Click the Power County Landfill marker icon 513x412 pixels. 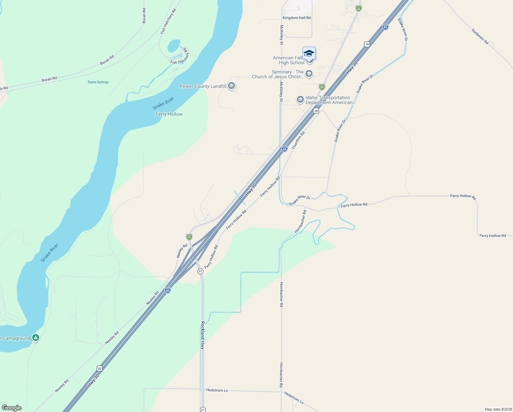point(231,86)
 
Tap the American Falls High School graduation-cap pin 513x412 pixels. point(309,54)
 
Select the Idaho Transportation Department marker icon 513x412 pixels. point(300,100)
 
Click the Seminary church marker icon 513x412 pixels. point(309,74)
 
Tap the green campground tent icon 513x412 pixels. point(35,338)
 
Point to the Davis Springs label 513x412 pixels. point(98,82)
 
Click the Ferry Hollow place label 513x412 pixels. point(169,114)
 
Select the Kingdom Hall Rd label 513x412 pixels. point(297,18)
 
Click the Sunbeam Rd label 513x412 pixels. point(480,36)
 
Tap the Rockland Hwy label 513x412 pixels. point(203,335)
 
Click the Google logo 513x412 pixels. point(12,408)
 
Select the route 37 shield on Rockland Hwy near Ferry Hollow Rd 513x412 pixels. point(201,271)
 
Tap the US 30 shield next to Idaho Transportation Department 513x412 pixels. point(316,111)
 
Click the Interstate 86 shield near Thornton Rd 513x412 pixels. point(284,149)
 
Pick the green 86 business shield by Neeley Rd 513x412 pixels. point(189,237)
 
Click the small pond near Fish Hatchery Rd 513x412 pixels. point(174,45)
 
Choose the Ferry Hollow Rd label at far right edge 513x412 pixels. point(492,236)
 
